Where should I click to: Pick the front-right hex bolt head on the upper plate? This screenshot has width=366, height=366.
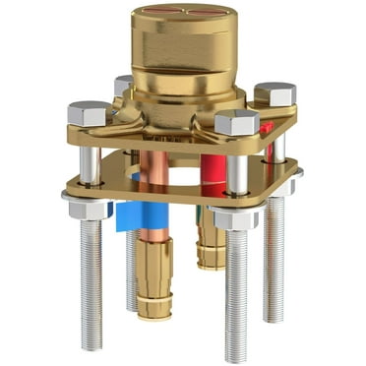236,122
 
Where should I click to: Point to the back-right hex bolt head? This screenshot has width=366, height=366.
274,94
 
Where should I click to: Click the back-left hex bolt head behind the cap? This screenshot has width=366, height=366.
123,85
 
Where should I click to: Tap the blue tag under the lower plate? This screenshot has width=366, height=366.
130,213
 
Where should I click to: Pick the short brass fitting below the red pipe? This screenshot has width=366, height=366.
211,246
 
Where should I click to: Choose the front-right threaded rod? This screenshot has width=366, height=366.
237,295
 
